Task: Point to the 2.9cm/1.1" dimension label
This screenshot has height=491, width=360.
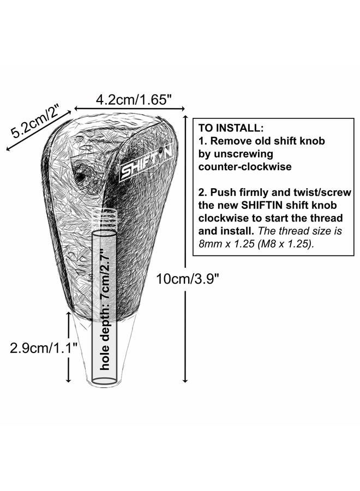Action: click(x=44, y=348)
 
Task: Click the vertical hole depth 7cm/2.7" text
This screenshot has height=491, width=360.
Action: click(x=105, y=309)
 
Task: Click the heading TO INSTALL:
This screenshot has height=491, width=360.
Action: click(x=231, y=128)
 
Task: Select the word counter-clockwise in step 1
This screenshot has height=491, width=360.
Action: click(x=245, y=166)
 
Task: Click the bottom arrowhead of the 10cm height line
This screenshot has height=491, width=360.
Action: click(x=185, y=379)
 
